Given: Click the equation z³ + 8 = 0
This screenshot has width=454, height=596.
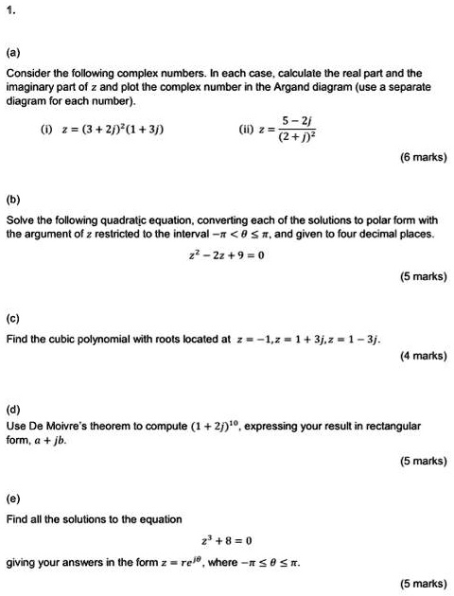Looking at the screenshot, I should (x=226, y=541).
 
